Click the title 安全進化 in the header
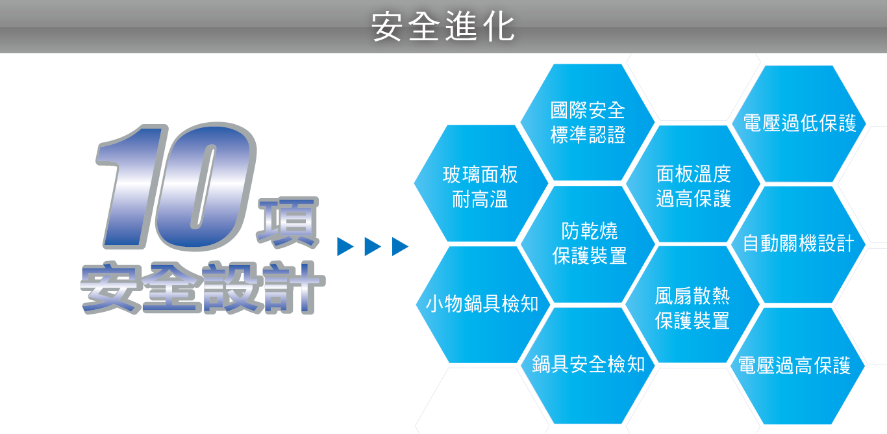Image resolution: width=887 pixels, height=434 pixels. tap(443, 27)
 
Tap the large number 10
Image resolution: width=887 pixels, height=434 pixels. tap(176, 186)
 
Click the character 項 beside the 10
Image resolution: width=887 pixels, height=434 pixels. tap(288, 222)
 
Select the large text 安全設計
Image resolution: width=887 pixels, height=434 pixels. tap(203, 287)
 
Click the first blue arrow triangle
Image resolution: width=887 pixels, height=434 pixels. tap(345, 246)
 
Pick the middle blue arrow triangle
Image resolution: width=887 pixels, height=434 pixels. tap(372, 246)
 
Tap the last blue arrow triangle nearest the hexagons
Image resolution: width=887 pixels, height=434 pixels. tap(400, 246)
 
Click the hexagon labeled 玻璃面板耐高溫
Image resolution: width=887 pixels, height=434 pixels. tap(481, 183)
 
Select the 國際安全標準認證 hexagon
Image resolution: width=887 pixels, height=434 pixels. tap(588, 122)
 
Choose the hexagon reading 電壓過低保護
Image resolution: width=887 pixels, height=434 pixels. tap(799, 123)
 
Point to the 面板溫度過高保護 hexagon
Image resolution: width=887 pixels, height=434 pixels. tap(693, 184)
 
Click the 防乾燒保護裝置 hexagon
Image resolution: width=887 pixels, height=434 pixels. tap(588, 244)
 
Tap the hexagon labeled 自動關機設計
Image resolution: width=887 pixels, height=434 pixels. tap(798, 244)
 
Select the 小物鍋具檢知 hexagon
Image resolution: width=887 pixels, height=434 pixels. tap(483, 305)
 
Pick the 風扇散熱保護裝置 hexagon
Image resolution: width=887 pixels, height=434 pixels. tap(692, 305)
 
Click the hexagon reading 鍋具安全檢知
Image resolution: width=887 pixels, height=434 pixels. tap(588, 366)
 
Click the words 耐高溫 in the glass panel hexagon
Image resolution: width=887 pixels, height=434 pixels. tap(480, 199)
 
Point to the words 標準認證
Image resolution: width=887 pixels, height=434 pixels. tap(588, 134)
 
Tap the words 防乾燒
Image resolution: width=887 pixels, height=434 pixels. tap(589, 231)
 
